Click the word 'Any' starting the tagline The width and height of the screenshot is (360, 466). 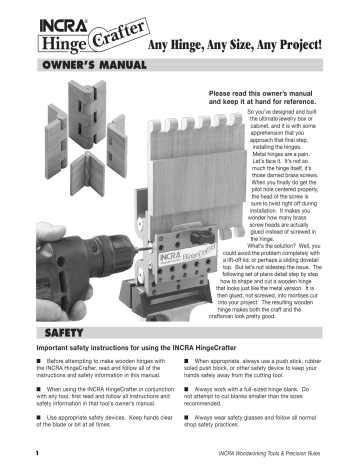162,46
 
